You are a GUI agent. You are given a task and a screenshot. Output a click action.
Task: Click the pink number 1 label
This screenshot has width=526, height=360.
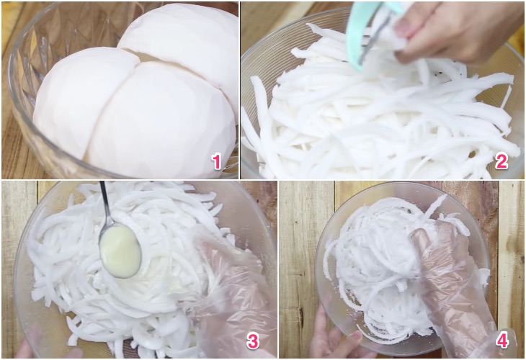(x=217, y=161)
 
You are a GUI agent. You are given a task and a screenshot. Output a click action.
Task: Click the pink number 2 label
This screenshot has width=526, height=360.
(x=502, y=161)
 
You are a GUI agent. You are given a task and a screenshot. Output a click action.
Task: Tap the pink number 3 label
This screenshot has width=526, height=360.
(x=253, y=341)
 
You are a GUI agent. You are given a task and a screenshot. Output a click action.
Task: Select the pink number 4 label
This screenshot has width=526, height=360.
(x=502, y=341)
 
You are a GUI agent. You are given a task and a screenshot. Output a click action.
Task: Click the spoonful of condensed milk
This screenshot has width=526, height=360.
(x=120, y=251)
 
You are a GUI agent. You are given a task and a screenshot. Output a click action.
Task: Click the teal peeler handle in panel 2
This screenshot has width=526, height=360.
(x=360, y=34)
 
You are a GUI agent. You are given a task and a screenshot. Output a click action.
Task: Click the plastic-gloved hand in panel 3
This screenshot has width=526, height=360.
(x=231, y=295)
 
